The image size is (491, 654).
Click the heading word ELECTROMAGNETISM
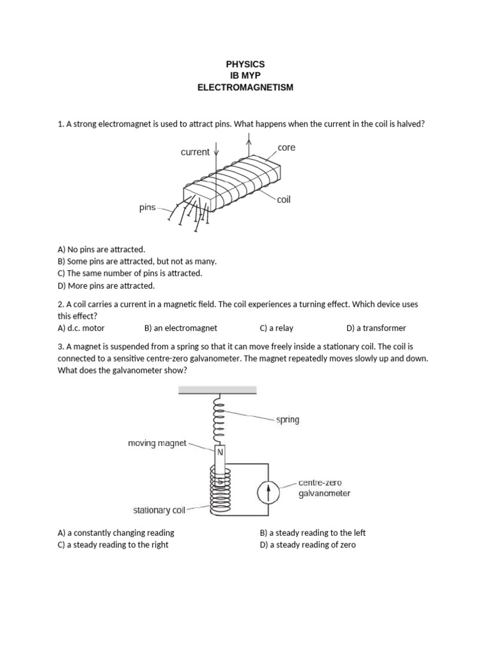click(245, 87)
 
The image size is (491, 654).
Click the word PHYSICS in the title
click(245, 65)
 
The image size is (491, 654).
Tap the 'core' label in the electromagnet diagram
click(286, 148)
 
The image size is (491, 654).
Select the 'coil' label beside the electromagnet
click(284, 199)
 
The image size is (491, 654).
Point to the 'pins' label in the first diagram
click(148, 208)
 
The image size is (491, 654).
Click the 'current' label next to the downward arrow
click(195, 152)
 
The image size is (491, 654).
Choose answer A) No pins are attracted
click(101, 249)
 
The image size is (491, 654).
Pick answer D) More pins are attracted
click(105, 285)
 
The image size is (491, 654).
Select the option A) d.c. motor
click(81, 328)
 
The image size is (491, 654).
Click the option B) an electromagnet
click(181, 328)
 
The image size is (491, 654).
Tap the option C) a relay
click(276, 328)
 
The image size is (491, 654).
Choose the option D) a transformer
click(376, 328)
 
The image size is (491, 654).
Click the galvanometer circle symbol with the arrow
click(269, 492)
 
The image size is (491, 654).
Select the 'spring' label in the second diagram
click(288, 420)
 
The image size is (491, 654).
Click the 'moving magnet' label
click(157, 443)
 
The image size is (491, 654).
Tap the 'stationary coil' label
click(159, 510)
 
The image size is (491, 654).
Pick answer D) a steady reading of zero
click(308, 545)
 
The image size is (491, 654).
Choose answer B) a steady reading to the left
click(313, 533)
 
